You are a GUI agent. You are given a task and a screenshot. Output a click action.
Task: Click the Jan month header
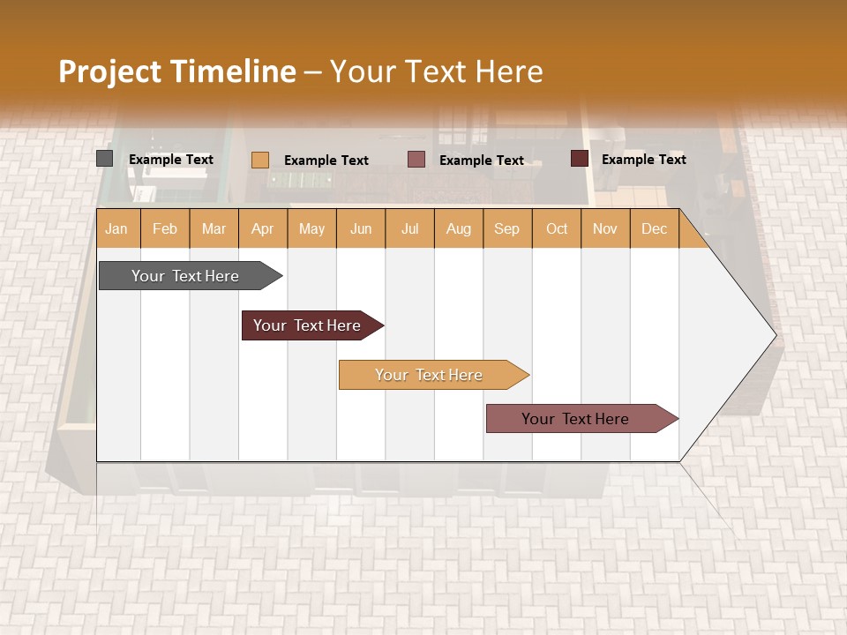[117, 228]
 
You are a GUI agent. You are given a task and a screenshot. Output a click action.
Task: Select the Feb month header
[165, 228]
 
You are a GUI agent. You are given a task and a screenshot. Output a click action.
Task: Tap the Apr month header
[263, 228]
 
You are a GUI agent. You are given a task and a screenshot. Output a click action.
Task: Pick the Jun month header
[361, 228]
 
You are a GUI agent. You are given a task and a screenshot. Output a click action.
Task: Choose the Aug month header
[459, 228]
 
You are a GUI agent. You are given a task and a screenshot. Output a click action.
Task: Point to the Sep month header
[507, 228]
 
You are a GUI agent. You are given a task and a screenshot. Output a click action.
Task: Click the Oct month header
[557, 228]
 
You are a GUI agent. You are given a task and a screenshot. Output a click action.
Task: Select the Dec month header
[655, 228]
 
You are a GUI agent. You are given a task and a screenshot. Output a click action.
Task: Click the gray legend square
[104, 159]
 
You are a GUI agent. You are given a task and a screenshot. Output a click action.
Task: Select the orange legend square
[259, 160]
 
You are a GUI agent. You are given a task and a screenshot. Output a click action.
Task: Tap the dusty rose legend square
[416, 160]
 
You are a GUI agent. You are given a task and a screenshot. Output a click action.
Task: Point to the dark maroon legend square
[579, 159]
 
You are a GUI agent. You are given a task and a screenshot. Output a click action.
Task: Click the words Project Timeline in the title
[176, 71]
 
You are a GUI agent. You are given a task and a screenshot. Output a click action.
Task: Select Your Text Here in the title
[437, 71]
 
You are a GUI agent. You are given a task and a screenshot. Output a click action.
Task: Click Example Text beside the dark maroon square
[643, 159]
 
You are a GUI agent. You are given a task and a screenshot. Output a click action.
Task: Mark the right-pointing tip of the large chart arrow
[774, 335]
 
